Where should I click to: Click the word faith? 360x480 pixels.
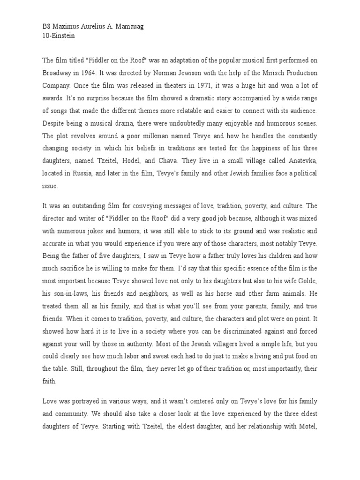[x=50, y=381]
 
